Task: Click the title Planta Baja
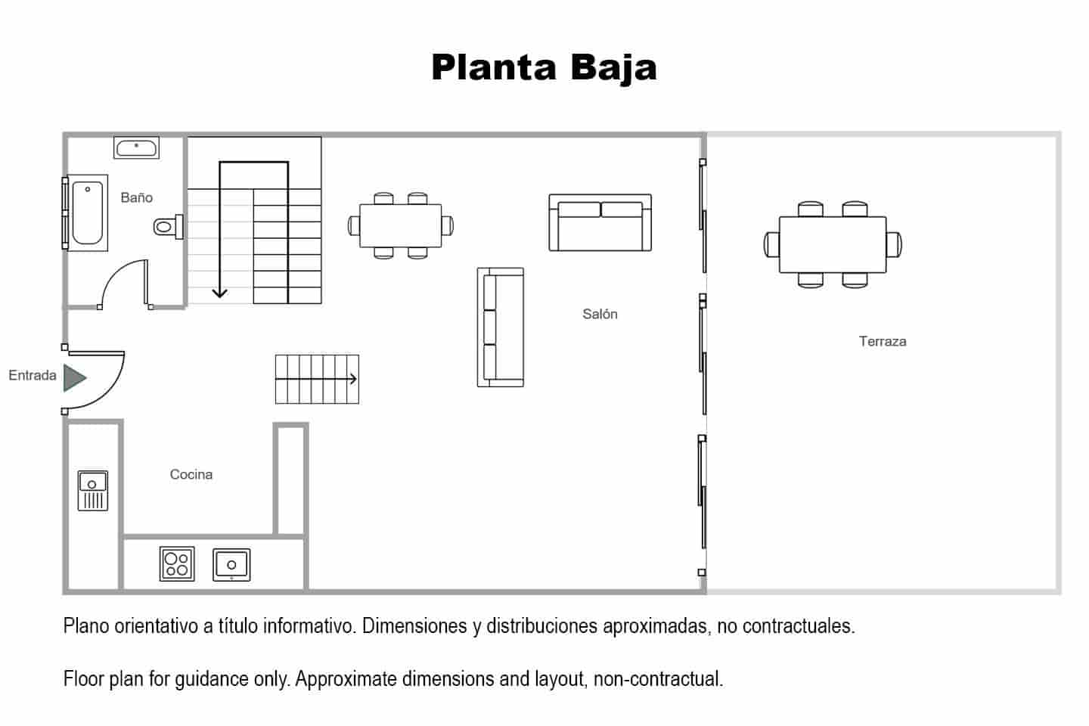(x=544, y=68)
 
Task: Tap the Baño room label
(x=137, y=197)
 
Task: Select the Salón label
(x=600, y=314)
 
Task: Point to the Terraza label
(x=883, y=341)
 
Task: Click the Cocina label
(x=191, y=474)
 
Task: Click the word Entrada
(x=33, y=375)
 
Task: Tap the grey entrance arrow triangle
(x=75, y=378)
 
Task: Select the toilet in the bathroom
(x=168, y=227)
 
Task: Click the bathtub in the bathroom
(x=87, y=213)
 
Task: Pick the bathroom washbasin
(x=137, y=147)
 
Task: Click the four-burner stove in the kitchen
(x=177, y=563)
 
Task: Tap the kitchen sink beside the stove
(x=232, y=565)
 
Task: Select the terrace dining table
(x=833, y=244)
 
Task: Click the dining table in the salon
(x=401, y=225)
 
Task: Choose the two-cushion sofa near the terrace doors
(x=600, y=222)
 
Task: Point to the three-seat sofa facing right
(x=501, y=327)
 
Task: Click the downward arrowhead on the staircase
(x=220, y=293)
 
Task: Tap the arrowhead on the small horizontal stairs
(x=353, y=379)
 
